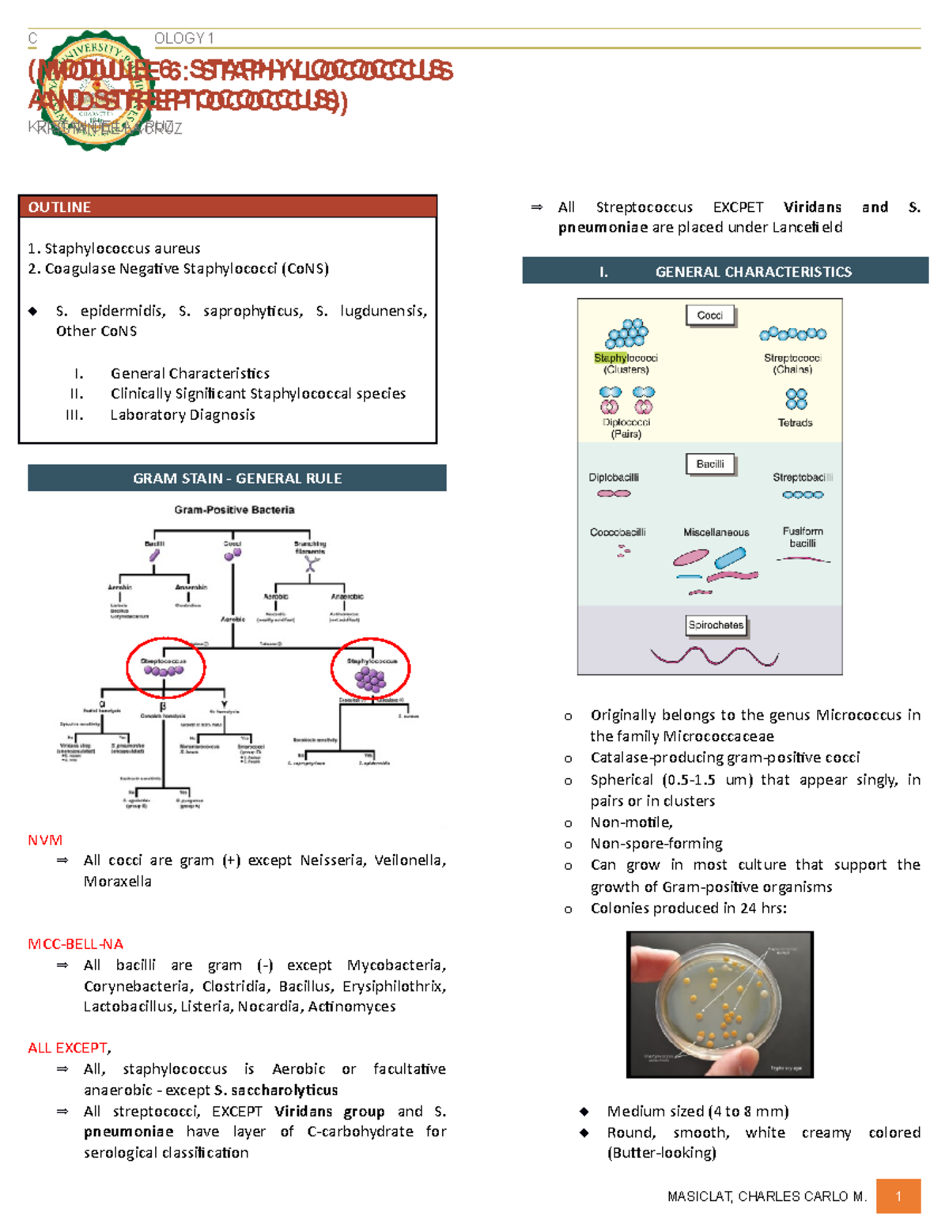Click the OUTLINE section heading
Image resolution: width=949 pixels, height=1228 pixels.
[x=59, y=207]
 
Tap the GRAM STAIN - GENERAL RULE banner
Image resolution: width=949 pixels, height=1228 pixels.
[x=237, y=478]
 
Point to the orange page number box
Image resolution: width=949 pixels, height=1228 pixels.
[x=898, y=1196]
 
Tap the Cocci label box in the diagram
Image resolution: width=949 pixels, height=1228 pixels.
[x=709, y=316]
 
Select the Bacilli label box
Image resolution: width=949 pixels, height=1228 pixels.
[x=709, y=464]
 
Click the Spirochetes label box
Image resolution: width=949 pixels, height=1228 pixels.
[x=716, y=625]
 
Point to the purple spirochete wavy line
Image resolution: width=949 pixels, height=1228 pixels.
[x=713, y=656]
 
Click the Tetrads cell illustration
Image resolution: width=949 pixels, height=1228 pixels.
[x=796, y=399]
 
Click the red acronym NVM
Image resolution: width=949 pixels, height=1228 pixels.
[x=45, y=840]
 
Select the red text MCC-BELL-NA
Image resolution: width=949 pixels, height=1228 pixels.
[x=75, y=944]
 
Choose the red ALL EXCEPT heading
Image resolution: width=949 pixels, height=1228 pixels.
[x=68, y=1048]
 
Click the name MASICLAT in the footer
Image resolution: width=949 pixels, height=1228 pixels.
[x=699, y=1196]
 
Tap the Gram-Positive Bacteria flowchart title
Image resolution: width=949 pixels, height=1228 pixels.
[x=234, y=510]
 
